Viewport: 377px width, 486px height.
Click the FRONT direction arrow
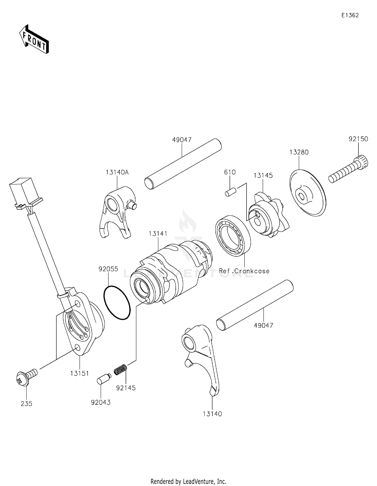coord(34,40)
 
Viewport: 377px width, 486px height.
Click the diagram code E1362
coord(350,15)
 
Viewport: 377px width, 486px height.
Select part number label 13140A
coord(117,172)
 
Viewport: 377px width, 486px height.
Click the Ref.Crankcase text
coord(244,271)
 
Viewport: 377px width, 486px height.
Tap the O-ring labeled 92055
coord(117,302)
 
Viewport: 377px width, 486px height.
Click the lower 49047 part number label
coord(263,326)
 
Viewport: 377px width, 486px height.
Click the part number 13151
coord(79,373)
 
